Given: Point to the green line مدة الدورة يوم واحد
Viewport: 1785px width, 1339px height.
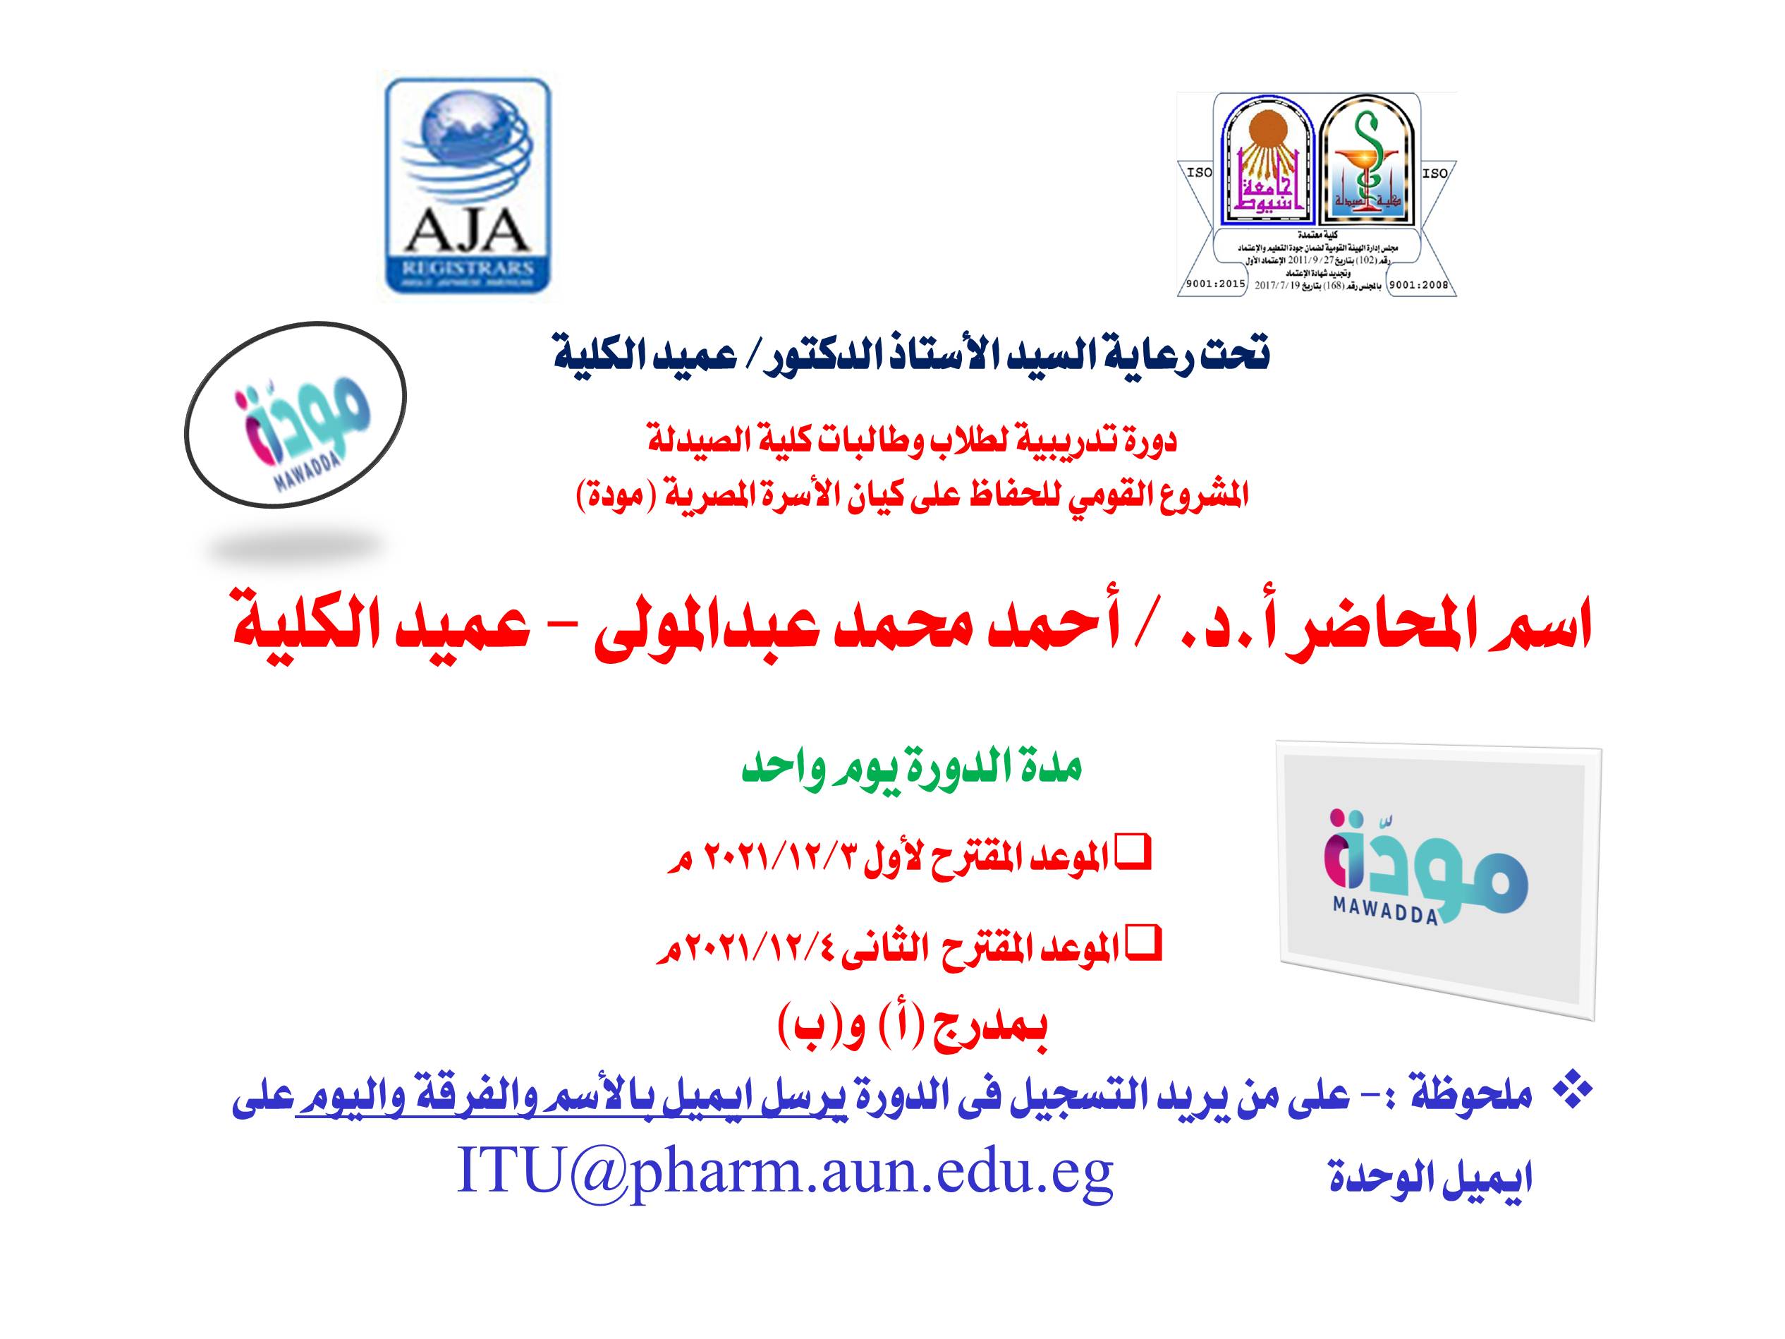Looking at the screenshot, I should click(911, 768).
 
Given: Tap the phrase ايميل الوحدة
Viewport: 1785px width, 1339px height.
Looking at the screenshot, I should click(1429, 1177).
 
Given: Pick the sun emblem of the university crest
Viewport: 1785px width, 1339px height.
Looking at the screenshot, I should click(1266, 133).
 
